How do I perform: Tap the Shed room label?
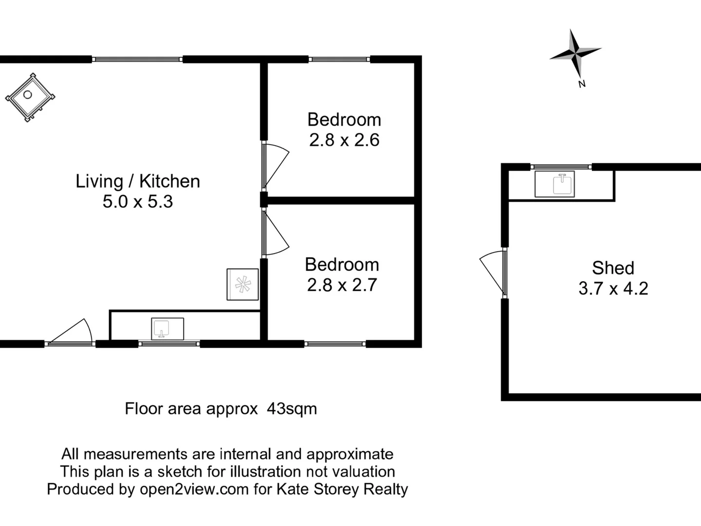tap(613, 268)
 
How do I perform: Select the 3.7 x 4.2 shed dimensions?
tap(613, 288)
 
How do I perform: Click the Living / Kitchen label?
tap(138, 181)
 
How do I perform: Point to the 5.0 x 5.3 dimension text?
tap(138, 202)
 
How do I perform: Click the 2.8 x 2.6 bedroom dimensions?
tap(344, 140)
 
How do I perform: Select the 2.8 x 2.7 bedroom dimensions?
tap(342, 285)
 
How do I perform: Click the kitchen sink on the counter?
tap(167, 329)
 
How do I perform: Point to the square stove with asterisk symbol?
tap(242, 284)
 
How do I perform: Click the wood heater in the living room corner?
tap(30, 97)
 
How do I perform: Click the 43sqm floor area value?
tap(292, 409)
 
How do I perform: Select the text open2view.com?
tap(194, 489)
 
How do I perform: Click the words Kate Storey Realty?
tap(342, 489)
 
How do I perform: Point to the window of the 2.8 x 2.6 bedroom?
tap(339, 59)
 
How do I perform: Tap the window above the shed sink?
tap(561, 167)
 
